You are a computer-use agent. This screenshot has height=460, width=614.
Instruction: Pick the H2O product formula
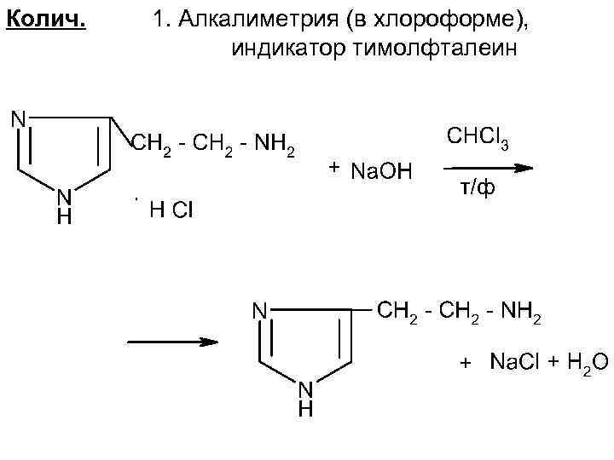[586, 364]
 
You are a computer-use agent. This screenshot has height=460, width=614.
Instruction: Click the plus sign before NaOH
[333, 165]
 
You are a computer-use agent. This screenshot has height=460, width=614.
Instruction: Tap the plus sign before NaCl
[466, 364]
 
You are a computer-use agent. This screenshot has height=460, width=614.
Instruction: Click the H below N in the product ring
[305, 411]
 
